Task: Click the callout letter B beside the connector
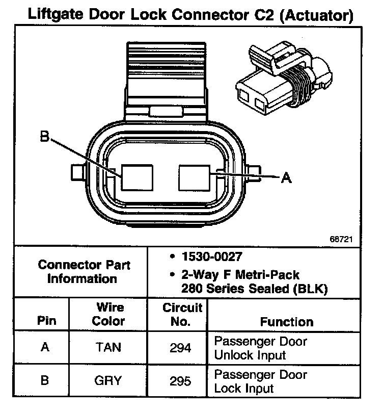[44, 137]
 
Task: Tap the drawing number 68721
[340, 238]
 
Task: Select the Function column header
[287, 322]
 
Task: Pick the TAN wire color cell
[108, 347]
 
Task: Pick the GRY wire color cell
[108, 380]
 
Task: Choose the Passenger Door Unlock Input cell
[260, 347]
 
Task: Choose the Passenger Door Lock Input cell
[260, 380]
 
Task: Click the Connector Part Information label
[84, 272]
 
